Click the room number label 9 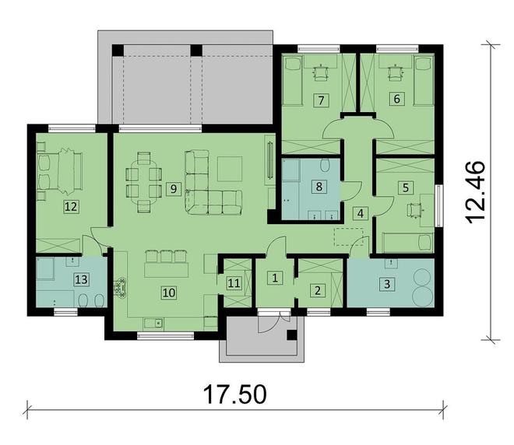click(x=173, y=187)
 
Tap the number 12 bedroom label click(x=72, y=206)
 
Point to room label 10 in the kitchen click(x=167, y=293)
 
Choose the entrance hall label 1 click(x=274, y=277)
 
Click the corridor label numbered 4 click(x=360, y=213)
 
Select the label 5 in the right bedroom click(x=405, y=187)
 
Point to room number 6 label click(x=396, y=99)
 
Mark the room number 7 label click(x=319, y=99)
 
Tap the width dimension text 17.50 click(x=235, y=394)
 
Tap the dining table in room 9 click(x=144, y=179)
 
